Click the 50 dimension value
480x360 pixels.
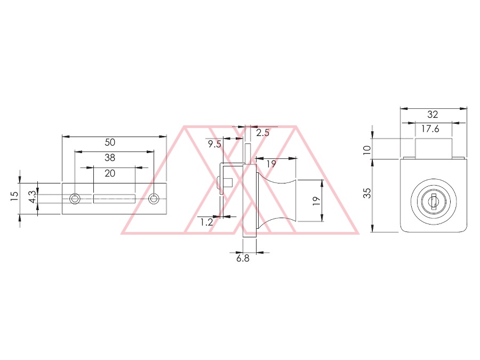(x=110, y=142)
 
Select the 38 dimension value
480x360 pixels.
(x=110, y=158)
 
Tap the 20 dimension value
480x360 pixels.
(x=110, y=173)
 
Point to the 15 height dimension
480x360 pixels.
(x=14, y=196)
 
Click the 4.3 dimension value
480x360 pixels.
(x=33, y=197)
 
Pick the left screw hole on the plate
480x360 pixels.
(x=75, y=199)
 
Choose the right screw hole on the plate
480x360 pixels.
(x=154, y=199)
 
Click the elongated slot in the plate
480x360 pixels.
(x=114, y=199)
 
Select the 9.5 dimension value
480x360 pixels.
(x=214, y=144)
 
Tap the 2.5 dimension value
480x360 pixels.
(x=262, y=133)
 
